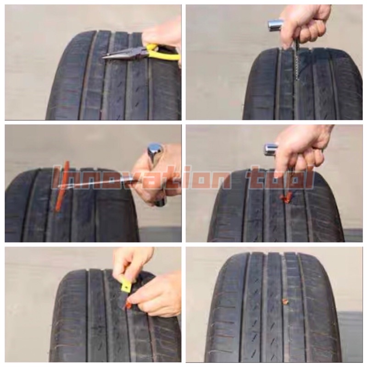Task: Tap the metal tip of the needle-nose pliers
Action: [103, 56]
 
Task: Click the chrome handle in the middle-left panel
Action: [155, 152]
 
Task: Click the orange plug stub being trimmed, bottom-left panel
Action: [128, 305]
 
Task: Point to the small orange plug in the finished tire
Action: [285, 301]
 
